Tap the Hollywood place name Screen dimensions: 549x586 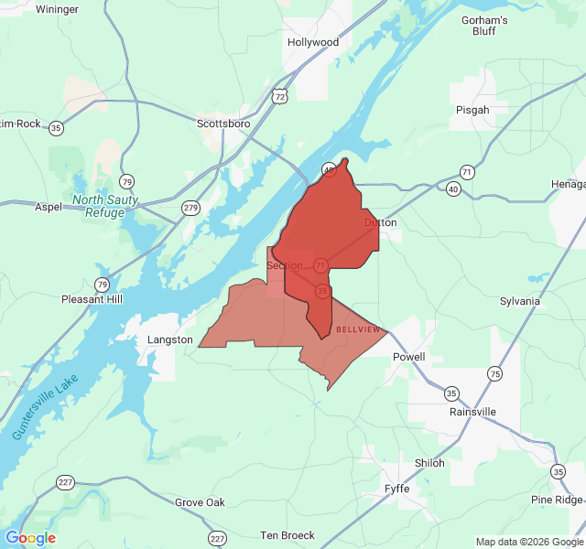point(313,42)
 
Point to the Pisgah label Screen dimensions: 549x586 point(472,110)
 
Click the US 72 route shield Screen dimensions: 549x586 point(280,95)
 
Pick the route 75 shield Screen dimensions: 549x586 point(494,373)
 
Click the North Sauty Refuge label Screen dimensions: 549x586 point(105,206)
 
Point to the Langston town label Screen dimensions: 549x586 point(170,339)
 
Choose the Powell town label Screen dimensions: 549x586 point(408,357)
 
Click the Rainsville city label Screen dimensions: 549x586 point(472,412)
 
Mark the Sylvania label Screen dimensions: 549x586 point(520,301)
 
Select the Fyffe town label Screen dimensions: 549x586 point(396,489)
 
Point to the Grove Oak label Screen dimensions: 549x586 point(200,502)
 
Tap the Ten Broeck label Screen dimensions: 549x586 point(288,535)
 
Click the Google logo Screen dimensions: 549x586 point(30,538)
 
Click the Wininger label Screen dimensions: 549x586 point(58,8)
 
